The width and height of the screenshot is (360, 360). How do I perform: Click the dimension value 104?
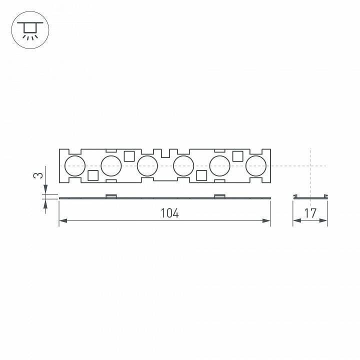[169, 213]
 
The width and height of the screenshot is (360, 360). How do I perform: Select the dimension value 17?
[310, 213]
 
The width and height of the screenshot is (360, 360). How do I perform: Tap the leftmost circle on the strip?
[75, 165]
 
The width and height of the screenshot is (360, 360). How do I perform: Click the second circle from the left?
[111, 165]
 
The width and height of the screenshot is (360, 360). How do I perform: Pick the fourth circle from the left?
[183, 165]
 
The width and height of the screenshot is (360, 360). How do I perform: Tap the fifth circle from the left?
[219, 165]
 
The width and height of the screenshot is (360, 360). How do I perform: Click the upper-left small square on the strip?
[129, 155]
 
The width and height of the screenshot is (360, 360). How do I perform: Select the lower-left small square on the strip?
[92, 175]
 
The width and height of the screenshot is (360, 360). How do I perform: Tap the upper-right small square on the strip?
[238, 155]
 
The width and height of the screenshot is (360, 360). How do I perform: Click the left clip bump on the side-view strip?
[111, 195]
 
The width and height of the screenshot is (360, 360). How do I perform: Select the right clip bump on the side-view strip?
[220, 195]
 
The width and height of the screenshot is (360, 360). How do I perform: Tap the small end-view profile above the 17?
[310, 196]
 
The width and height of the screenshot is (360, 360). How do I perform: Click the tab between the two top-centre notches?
[165, 151]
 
